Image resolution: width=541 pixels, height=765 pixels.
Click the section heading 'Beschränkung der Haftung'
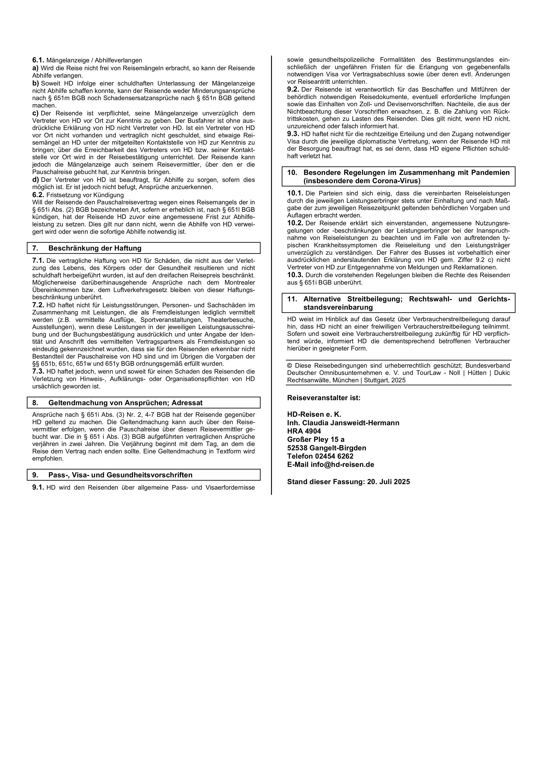pyautogui.click(x=95, y=248)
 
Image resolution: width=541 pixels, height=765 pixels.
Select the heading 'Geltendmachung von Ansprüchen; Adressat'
pyautogui.click(x=125, y=403)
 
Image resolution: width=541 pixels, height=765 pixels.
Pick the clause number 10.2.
pyautogui.click(x=295, y=223)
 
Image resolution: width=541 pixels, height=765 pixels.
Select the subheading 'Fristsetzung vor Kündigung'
pyautogui.click(x=85, y=195)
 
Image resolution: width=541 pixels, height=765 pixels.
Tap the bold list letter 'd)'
pyautogui.click(x=35, y=180)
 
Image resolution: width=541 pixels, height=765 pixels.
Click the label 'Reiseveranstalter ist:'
pyautogui.click(x=323, y=398)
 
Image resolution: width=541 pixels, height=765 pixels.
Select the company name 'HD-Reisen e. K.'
pyautogui.click(x=314, y=415)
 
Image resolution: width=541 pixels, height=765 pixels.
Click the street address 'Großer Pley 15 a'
pyautogui.click(x=316, y=439)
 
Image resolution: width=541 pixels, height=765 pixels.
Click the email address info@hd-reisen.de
pyautogui.click(x=342, y=464)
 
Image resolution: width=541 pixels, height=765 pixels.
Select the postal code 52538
pyautogui.click(x=297, y=448)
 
